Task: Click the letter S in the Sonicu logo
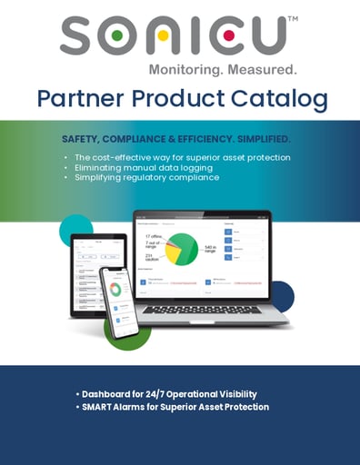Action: pyautogui.click(x=79, y=37)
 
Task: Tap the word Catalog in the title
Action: pyautogui.click(x=283, y=100)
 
